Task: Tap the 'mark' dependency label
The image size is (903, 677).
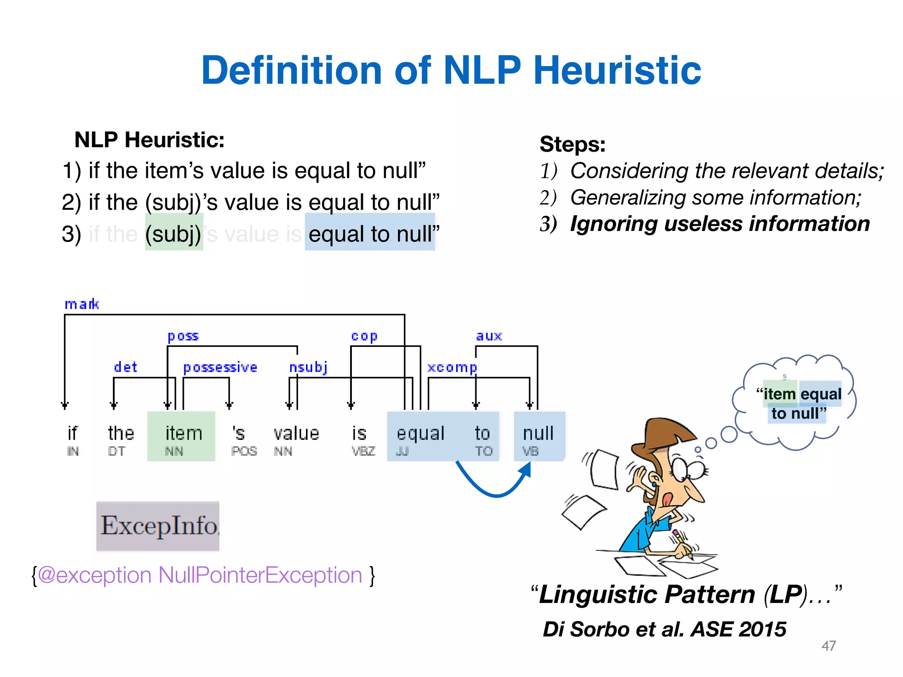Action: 82,304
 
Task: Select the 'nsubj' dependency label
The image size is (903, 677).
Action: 308,367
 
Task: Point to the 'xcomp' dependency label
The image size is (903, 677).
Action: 452,367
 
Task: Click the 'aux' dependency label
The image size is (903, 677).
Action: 489,336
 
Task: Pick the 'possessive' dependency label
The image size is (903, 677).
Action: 220,367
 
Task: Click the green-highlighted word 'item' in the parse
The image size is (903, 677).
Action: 183,434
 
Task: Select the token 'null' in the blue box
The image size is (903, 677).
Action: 538,434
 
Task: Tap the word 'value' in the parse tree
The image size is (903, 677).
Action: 296,434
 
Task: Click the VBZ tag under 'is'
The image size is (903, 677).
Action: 363,451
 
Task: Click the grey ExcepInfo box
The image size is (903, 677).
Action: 158,526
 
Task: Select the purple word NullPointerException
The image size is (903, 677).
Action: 260,575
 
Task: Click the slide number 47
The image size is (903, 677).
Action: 828,646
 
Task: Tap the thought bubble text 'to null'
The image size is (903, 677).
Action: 796,413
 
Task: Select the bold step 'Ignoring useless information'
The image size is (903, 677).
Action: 720,224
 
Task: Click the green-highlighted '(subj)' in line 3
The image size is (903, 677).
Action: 174,234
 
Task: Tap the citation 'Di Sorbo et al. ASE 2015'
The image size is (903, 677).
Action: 664,629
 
